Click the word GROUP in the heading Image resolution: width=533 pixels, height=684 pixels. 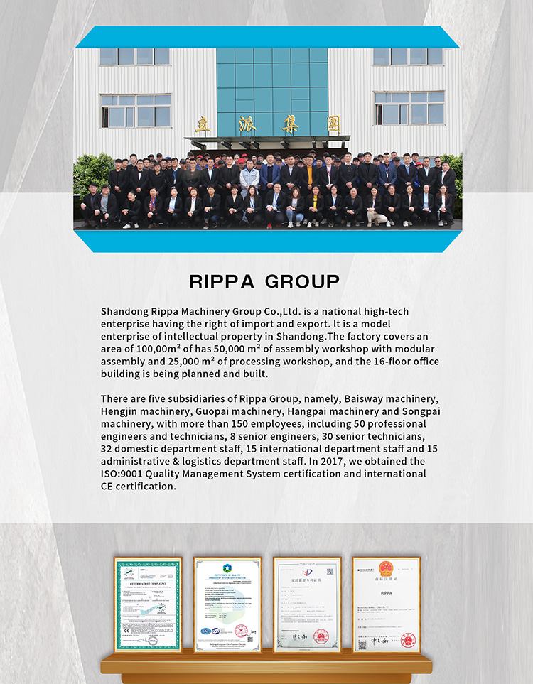point(303,281)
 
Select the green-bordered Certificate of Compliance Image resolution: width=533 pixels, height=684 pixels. point(148,605)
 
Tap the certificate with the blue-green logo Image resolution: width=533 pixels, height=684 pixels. point(227,605)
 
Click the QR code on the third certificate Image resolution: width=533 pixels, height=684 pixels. point(330,571)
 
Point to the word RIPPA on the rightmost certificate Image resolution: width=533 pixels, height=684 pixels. point(386,592)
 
